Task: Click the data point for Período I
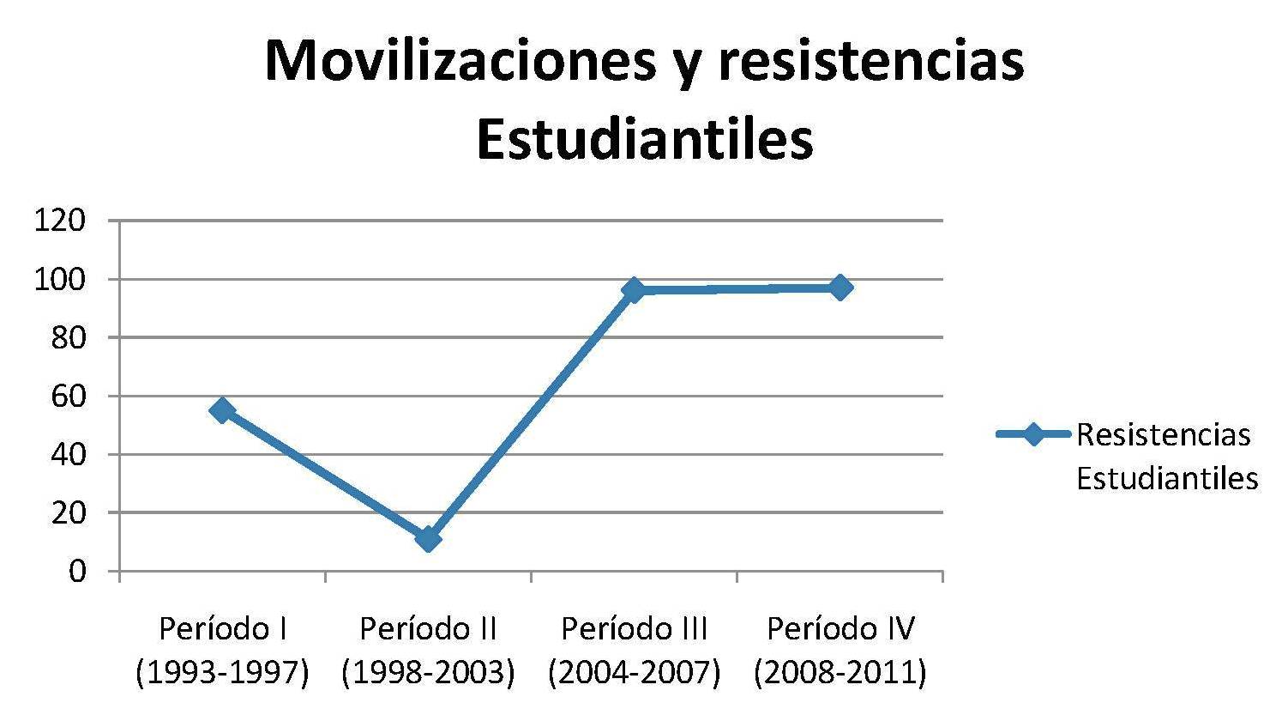[x=222, y=410]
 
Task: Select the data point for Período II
[x=428, y=538]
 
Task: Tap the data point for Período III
[x=634, y=289]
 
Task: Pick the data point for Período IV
[x=840, y=287]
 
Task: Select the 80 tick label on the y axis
[x=68, y=337]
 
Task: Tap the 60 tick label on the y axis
[x=68, y=396]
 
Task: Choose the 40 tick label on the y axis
[x=68, y=454]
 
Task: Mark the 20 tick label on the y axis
[x=68, y=512]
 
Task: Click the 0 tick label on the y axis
[x=77, y=571]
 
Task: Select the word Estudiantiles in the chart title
[x=644, y=140]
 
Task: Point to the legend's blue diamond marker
[x=1033, y=434]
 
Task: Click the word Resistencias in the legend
[x=1163, y=434]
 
